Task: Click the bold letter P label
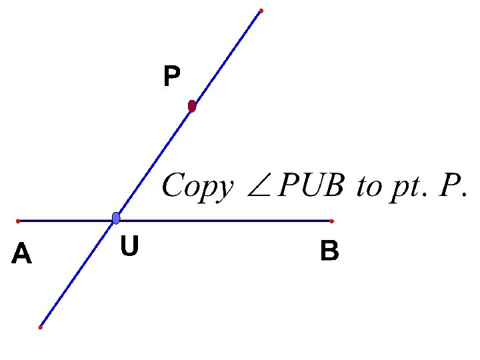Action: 171,77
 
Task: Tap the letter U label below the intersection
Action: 129,247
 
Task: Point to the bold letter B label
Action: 329,251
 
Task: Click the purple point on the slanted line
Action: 192,106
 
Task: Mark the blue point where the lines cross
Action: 116,218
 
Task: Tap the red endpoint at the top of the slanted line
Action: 261,11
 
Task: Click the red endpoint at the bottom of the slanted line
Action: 40,327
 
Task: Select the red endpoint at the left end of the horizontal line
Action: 17,220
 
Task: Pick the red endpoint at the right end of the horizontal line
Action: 331,220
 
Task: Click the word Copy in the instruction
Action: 195,186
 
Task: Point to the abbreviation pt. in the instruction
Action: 406,187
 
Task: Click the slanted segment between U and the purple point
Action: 153,163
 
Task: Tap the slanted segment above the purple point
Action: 227,58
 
